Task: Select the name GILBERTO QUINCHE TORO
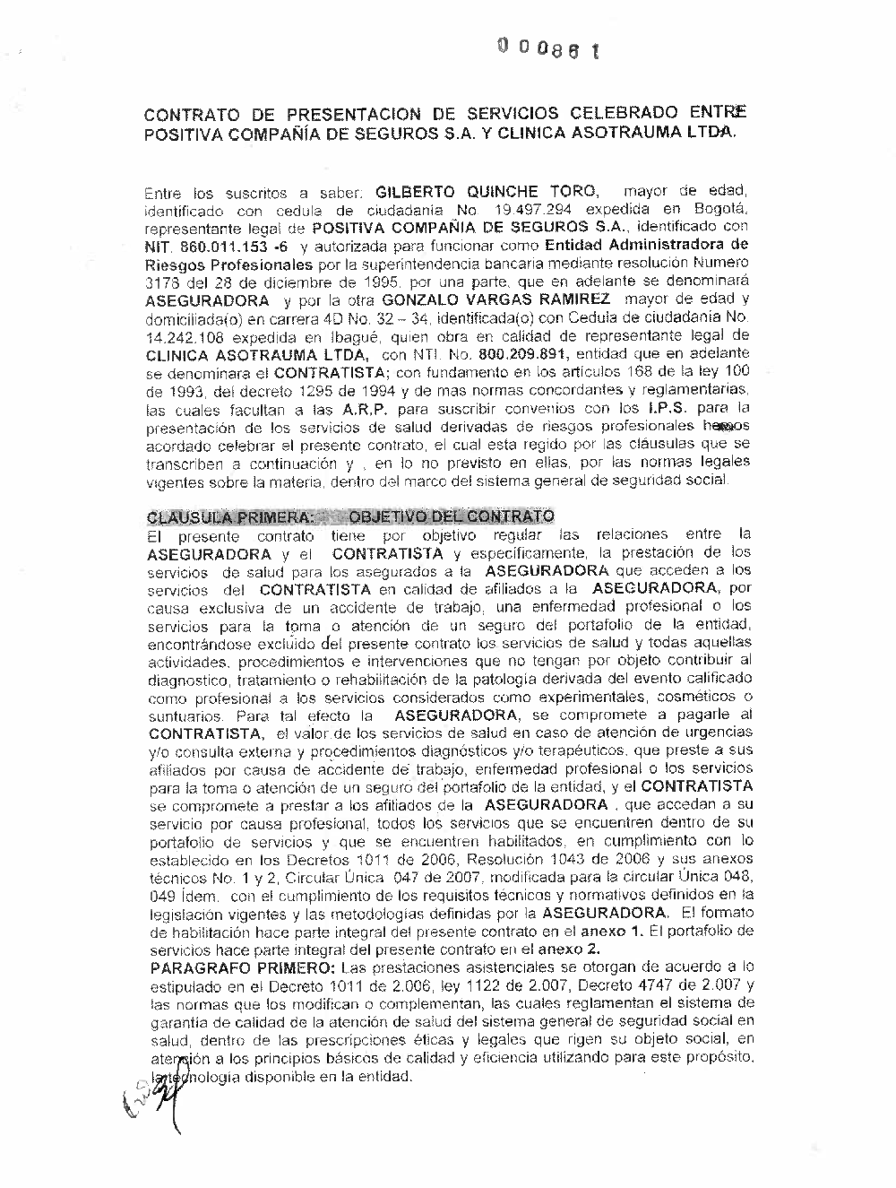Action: tap(486, 192)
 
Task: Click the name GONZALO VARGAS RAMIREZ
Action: tap(495, 299)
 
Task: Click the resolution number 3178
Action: tap(163, 281)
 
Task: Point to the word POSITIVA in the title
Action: tap(186, 134)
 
